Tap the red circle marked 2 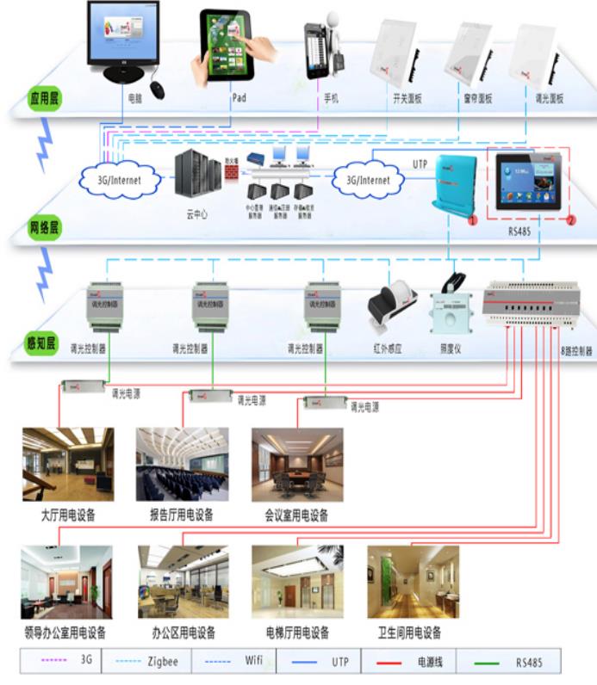pos(570,220)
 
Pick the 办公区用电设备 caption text pos(183,633)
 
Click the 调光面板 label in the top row pos(549,100)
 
